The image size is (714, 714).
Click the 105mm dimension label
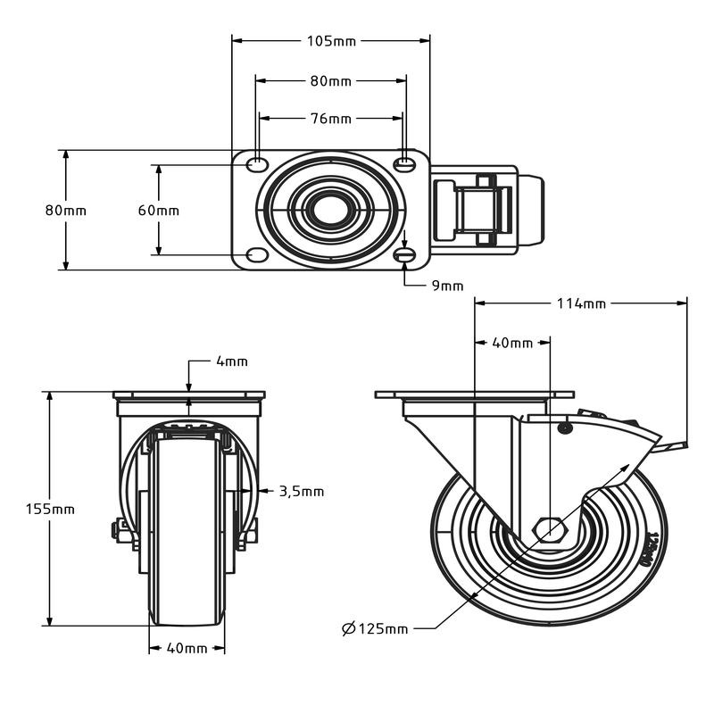coord(331,41)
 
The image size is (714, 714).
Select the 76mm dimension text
coord(331,119)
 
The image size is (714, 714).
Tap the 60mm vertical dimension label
coord(159,211)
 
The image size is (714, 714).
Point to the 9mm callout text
coord(447,286)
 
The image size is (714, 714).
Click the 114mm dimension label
coord(581,303)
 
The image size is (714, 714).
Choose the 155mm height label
coord(50,509)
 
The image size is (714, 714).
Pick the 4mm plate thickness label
coord(232,361)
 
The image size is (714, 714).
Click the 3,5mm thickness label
coord(302,492)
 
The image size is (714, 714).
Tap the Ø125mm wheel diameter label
coord(375,629)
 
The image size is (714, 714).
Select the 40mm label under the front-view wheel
coord(187,648)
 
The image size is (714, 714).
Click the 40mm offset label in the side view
coord(512,343)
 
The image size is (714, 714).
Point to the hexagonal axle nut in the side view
coord(550,530)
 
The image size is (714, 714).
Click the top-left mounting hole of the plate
coord(257,164)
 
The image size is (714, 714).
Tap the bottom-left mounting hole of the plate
coord(257,255)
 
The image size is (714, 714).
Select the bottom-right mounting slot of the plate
coord(404,255)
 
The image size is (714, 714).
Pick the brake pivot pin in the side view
coord(565,428)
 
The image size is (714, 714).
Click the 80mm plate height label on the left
coord(65,211)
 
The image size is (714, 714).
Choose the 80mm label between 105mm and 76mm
coord(331,81)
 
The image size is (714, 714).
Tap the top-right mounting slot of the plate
coord(404,164)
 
